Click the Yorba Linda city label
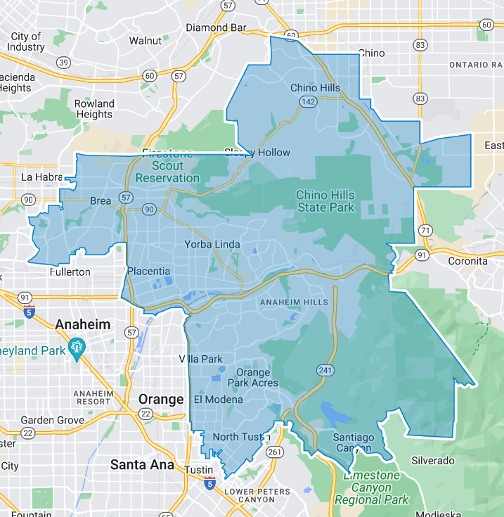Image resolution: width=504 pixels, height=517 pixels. coord(212,245)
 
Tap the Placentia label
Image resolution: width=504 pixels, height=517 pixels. coord(148,271)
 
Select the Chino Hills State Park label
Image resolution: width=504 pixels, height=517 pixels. coord(325,201)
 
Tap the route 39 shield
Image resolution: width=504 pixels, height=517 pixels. coord(64,63)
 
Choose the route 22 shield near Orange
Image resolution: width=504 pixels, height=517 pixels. coord(146,414)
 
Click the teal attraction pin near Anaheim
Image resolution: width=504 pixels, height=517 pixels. coord(77,347)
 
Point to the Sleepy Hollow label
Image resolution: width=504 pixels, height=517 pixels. coord(257,153)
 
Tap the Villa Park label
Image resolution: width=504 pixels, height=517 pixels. coord(200,359)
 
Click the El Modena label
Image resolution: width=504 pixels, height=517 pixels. coord(218,400)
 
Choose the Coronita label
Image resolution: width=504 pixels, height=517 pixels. coord(467,260)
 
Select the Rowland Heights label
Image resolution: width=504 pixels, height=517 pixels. coord(94,109)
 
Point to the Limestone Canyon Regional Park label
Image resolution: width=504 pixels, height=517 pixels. coord(372,487)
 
